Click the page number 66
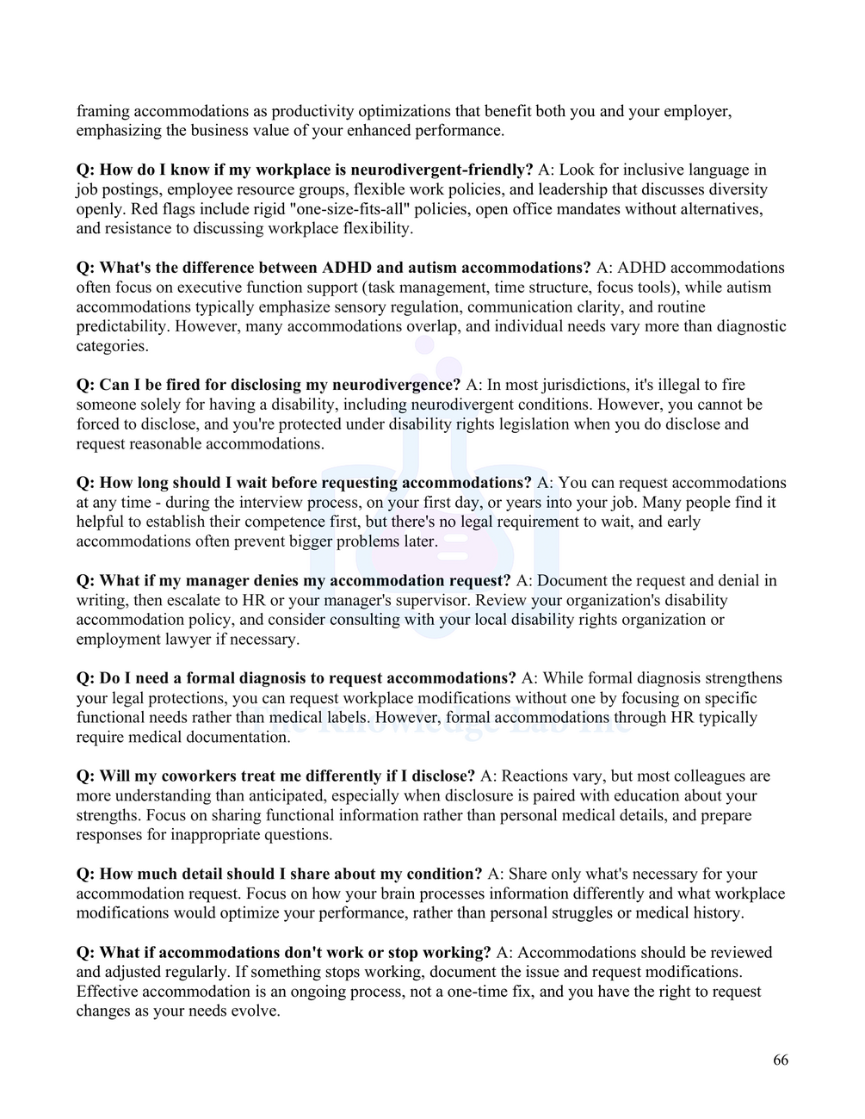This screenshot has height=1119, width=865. point(780,1060)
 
